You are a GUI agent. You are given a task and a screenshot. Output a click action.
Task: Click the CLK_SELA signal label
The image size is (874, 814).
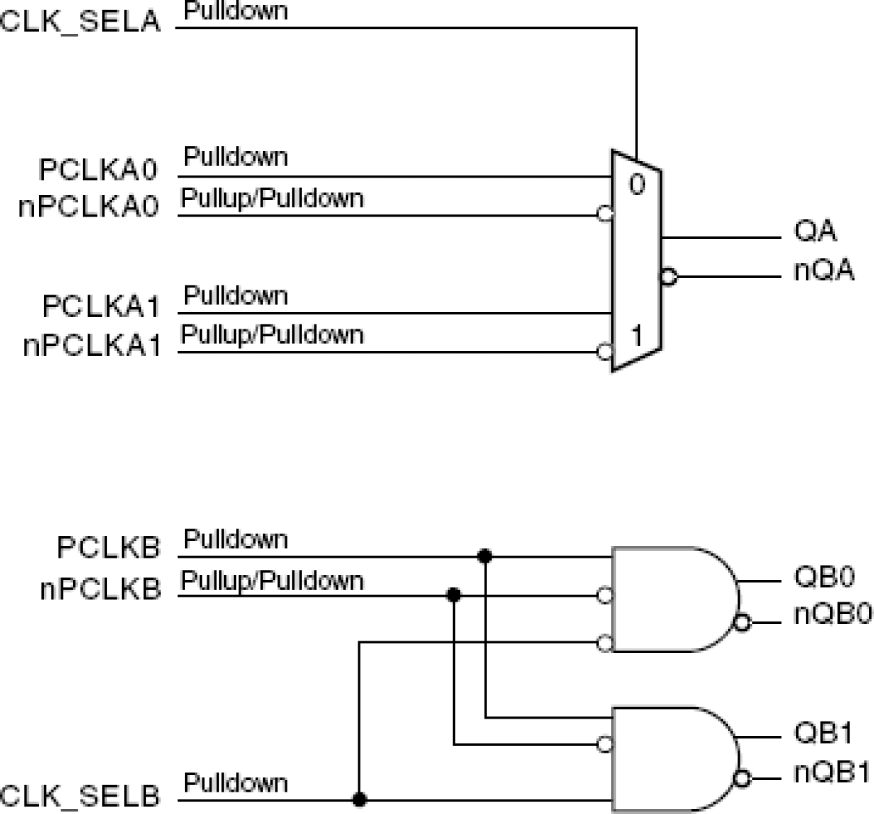tap(80, 21)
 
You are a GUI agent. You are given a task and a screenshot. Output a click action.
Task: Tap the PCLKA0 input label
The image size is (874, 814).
tap(98, 169)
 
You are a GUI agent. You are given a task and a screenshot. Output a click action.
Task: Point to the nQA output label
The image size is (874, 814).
tap(824, 270)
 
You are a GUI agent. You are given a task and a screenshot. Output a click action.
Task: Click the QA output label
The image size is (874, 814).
tap(815, 230)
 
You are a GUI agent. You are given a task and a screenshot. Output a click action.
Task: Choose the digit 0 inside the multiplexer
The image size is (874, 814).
tap(637, 185)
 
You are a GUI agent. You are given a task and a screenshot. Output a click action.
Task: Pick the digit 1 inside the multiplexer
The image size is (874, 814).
tap(637, 336)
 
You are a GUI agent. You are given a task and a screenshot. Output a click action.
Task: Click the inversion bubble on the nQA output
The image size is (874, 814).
tap(668, 277)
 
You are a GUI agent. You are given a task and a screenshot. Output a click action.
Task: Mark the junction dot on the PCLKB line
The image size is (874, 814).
tap(485, 556)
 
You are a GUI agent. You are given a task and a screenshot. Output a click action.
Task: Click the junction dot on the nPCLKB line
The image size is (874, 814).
tap(454, 595)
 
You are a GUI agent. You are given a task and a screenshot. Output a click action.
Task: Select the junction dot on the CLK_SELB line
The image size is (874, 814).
tap(359, 799)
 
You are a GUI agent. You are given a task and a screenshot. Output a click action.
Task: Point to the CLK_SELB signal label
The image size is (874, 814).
tap(80, 795)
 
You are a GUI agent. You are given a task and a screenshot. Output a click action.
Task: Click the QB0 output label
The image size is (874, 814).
tap(824, 577)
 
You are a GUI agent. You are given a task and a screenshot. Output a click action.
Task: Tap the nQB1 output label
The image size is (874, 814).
tap(832, 772)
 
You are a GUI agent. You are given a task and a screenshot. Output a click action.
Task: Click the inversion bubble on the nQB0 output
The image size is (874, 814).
tap(743, 622)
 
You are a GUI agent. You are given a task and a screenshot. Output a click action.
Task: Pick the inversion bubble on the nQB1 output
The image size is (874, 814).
tap(743, 778)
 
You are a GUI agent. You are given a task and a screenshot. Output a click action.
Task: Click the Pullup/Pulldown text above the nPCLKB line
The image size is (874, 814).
tap(272, 581)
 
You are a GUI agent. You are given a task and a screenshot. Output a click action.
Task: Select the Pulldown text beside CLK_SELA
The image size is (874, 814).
tap(236, 11)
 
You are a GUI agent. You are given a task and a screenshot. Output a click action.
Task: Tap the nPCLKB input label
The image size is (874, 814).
tap(100, 589)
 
